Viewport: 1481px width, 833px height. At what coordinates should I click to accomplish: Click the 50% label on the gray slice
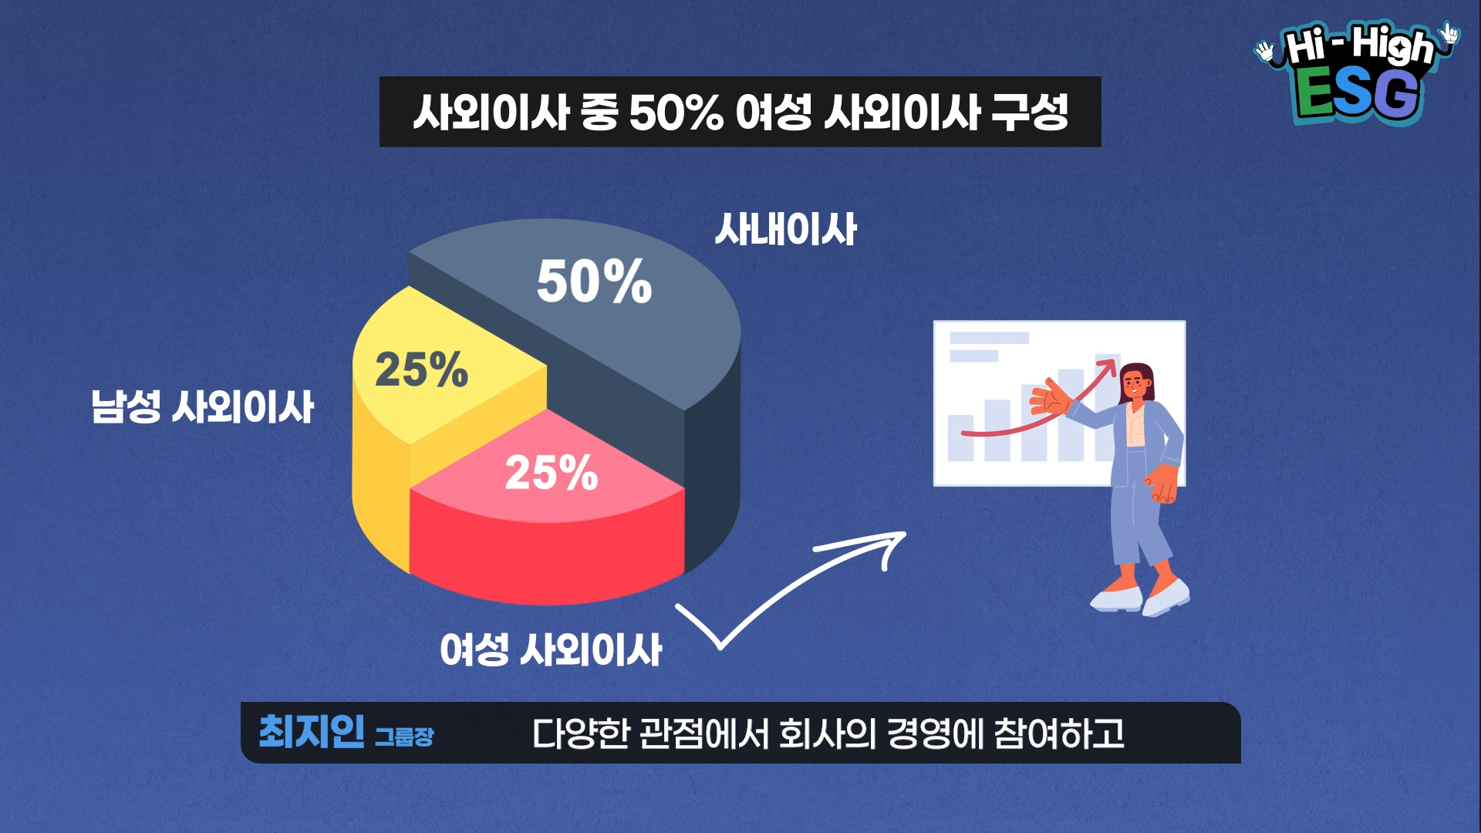pyautogui.click(x=594, y=282)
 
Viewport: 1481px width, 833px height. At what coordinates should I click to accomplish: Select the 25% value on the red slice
pyautogui.click(x=552, y=472)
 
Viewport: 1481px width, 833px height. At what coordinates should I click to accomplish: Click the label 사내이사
pyautogui.click(x=785, y=229)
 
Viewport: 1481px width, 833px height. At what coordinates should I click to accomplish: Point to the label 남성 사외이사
pyautogui.click(x=203, y=406)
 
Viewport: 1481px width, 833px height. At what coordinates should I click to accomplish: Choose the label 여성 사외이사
pyautogui.click(x=551, y=649)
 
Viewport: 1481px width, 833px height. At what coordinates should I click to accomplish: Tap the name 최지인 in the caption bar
pyautogui.click(x=312, y=731)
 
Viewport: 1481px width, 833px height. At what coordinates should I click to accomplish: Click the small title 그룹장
pyautogui.click(x=404, y=737)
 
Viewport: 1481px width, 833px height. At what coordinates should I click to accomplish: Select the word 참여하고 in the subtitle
pyautogui.click(x=1059, y=734)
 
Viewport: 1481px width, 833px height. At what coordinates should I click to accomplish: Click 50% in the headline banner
pyautogui.click(x=676, y=113)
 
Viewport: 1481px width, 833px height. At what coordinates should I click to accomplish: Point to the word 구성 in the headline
pyautogui.click(x=1030, y=112)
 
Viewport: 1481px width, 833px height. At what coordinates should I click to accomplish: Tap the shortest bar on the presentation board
pyautogui.click(x=960, y=438)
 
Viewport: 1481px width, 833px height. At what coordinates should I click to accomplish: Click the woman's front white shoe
pyautogui.click(x=1166, y=597)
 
